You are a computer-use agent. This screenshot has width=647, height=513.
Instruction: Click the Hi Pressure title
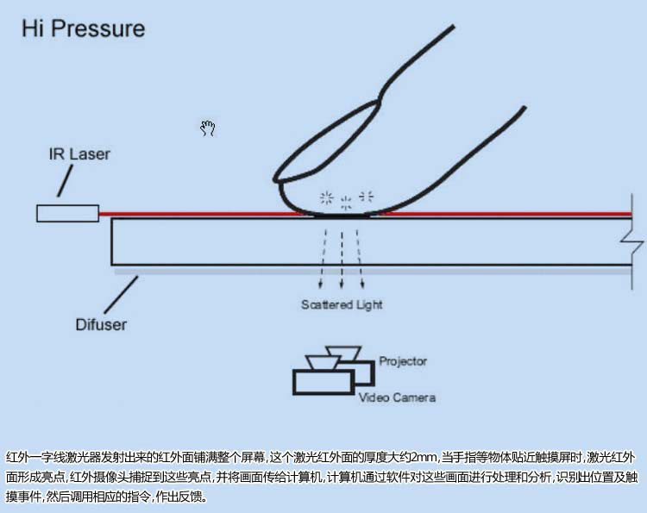click(x=83, y=28)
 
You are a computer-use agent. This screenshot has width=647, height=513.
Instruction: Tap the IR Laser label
click(x=79, y=155)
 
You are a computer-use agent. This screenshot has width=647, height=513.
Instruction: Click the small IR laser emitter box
click(x=67, y=212)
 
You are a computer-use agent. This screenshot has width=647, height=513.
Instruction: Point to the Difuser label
click(x=101, y=325)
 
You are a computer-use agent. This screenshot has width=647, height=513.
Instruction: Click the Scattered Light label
click(x=342, y=304)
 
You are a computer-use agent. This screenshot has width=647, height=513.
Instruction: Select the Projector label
click(x=403, y=361)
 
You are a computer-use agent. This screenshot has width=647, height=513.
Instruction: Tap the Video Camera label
click(x=397, y=397)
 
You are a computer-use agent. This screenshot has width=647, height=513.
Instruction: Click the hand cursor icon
click(x=207, y=128)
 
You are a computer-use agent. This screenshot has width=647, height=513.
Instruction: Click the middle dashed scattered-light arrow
click(x=342, y=263)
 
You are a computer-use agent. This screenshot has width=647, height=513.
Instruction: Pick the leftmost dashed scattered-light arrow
click(x=323, y=263)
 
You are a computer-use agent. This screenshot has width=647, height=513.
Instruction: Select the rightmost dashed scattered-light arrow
click(x=361, y=263)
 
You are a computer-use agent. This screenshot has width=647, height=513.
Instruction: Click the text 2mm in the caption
click(x=424, y=456)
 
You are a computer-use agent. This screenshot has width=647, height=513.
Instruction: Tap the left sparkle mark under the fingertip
click(x=327, y=197)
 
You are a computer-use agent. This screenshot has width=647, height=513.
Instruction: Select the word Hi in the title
click(x=33, y=28)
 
